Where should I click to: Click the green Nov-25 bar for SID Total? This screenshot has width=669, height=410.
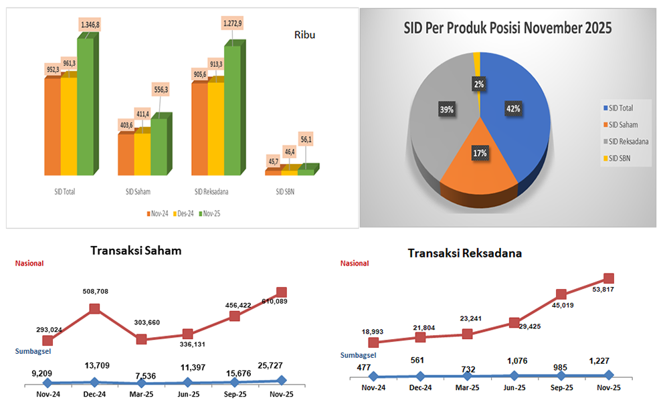coord(85,107)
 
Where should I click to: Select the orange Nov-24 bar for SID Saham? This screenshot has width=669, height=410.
coord(126,155)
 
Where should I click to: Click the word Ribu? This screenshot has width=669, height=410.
coord(304,35)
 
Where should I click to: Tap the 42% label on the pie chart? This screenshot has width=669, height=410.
coord(514,108)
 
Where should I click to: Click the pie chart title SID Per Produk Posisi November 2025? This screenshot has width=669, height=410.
coord(508,28)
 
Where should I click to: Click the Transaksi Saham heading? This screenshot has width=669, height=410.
coord(136,251)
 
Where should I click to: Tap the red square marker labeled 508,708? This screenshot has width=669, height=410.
coord(94,308)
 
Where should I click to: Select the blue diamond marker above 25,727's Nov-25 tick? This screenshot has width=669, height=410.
coord(281,380)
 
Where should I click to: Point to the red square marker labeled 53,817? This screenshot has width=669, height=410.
coord(609,278)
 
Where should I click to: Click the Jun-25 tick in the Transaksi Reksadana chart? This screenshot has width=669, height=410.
coord(514,388)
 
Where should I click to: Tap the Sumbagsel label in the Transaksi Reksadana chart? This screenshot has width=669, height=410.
coord(359,355)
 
